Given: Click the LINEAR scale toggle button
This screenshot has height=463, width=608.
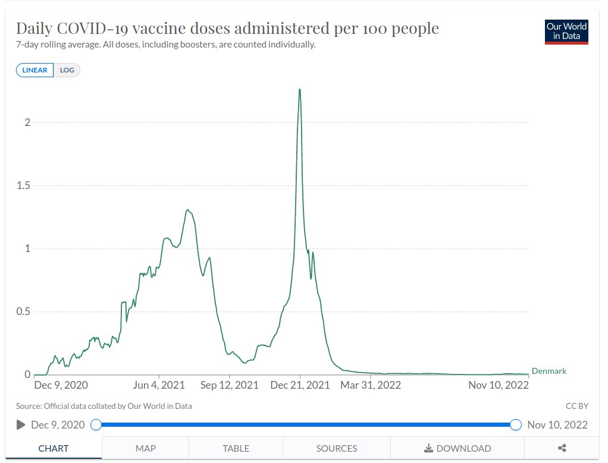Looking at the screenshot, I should pyautogui.click(x=35, y=70).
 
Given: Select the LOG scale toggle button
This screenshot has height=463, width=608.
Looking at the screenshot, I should pyautogui.click(x=67, y=70).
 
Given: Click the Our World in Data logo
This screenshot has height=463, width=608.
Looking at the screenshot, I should pyautogui.click(x=566, y=32).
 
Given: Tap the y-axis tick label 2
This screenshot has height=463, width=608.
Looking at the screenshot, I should pyautogui.click(x=27, y=122).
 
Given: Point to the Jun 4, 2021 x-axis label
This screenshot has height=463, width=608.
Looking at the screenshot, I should pyautogui.click(x=159, y=385).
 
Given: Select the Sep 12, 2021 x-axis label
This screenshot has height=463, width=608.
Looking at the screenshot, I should pyautogui.click(x=229, y=385).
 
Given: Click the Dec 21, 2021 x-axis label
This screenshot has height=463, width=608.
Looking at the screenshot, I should pyautogui.click(x=300, y=385).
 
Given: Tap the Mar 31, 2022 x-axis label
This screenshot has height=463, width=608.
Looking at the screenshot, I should pyautogui.click(x=370, y=385).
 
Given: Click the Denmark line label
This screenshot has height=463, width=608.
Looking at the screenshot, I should pyautogui.click(x=549, y=371).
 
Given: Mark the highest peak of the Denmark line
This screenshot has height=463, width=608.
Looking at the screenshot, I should pyautogui.click(x=299, y=90).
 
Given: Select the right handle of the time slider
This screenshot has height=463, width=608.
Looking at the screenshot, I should pyautogui.click(x=516, y=424).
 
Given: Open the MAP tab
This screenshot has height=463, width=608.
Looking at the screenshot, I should pyautogui.click(x=145, y=448).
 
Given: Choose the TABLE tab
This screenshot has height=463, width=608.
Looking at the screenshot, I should pyautogui.click(x=236, y=448).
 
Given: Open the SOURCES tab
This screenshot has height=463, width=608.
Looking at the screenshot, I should pyautogui.click(x=337, y=448).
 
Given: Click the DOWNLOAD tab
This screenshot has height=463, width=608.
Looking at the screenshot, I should pyautogui.click(x=457, y=448).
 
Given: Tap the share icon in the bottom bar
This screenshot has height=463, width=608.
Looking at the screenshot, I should pyautogui.click(x=562, y=448).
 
